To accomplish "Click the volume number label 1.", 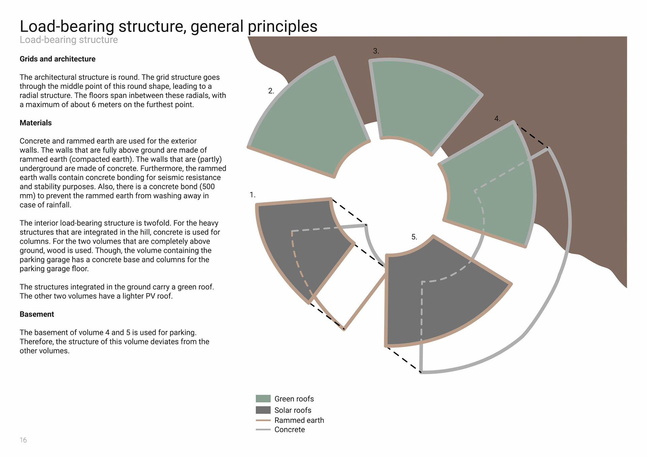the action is [252, 195].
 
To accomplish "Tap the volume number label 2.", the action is [271, 91].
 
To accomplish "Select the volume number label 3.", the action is [376, 51].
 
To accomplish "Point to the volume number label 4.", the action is [497, 119].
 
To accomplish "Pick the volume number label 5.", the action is [414, 237].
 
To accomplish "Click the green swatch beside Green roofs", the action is [263, 399].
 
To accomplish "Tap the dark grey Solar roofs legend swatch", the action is [263, 410].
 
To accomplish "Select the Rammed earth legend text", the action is [299, 420].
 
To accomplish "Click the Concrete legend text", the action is [289, 430].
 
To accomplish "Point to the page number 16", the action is [23, 440].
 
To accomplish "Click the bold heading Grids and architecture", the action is [57, 59].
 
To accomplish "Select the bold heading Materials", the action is [35, 123].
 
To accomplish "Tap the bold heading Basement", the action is [37, 314].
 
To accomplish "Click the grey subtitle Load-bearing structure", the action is [69, 40].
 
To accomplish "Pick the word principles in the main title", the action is [282, 26].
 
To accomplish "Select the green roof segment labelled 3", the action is [421, 101].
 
